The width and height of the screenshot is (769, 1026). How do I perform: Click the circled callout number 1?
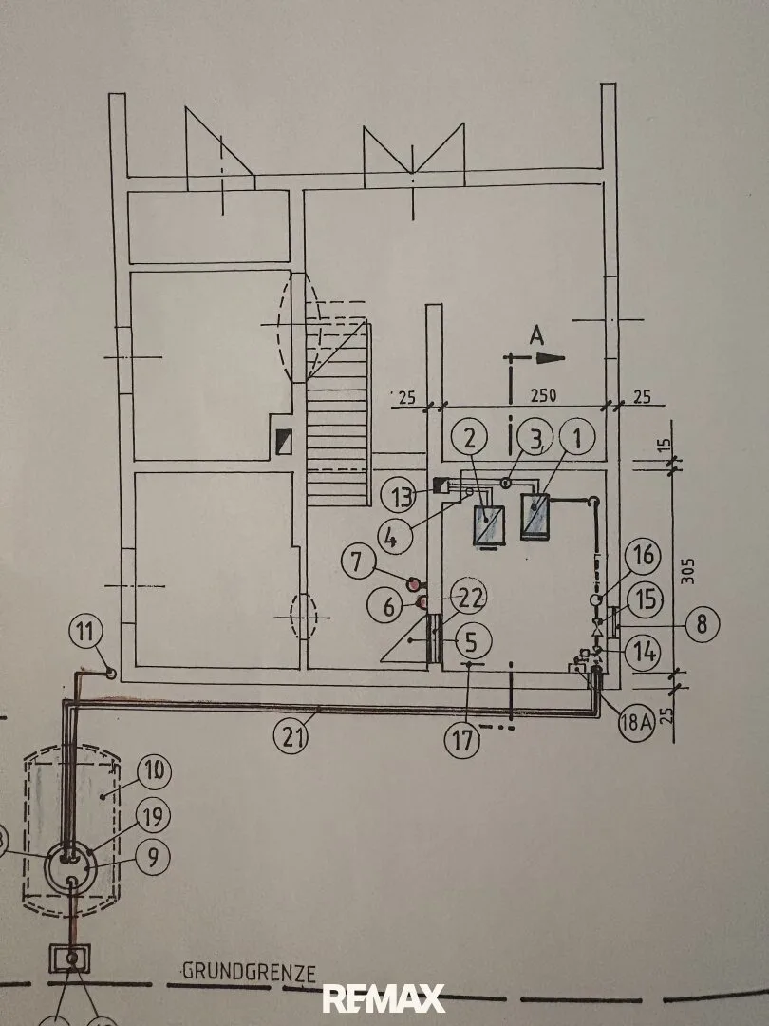point(577,439)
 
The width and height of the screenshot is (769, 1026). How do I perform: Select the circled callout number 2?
point(470,439)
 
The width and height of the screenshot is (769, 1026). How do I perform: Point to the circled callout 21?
point(292,737)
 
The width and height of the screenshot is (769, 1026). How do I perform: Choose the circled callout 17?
point(462,741)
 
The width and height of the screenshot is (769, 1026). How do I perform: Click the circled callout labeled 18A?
point(636,723)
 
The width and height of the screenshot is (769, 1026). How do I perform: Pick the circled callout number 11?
point(86,632)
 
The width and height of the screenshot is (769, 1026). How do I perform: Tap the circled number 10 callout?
point(155,772)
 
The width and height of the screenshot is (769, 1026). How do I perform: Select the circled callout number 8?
point(702,623)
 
